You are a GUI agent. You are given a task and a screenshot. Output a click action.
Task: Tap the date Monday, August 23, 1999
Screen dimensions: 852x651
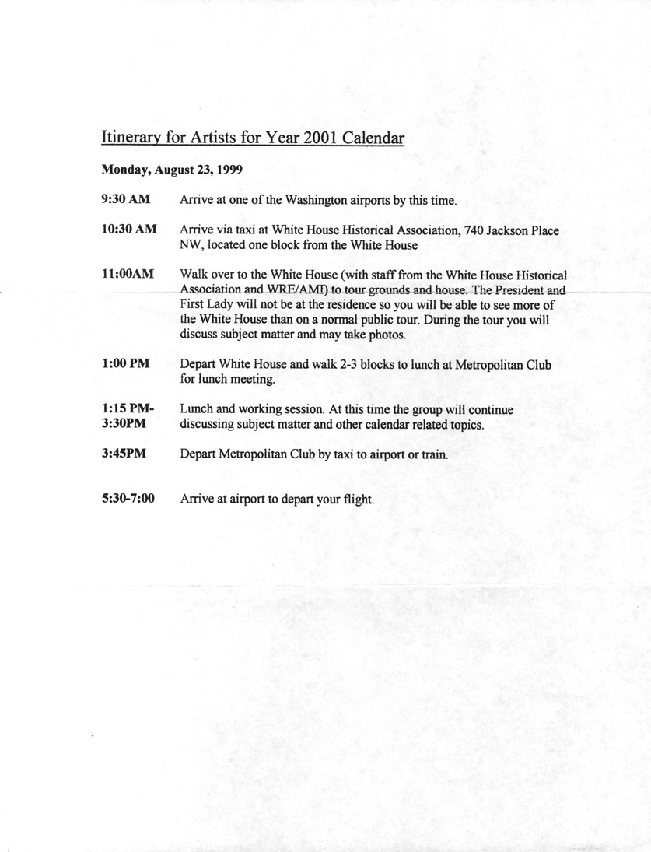tap(165, 169)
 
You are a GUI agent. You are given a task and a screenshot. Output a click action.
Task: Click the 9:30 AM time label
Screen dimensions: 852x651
tap(126, 200)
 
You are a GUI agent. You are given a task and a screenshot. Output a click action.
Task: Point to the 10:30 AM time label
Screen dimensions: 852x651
tap(129, 230)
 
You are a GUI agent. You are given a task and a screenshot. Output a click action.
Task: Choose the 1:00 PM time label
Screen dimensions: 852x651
tap(125, 363)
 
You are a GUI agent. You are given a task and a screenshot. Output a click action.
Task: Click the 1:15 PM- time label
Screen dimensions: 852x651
tap(128, 408)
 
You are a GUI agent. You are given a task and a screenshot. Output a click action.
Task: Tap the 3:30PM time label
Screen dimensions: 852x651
tap(124, 424)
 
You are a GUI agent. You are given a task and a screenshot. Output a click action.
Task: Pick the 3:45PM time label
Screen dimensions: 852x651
tap(124, 454)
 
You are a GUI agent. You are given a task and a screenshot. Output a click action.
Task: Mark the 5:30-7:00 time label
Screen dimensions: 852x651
tap(128, 499)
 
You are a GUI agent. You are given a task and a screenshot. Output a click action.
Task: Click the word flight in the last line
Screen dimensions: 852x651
tap(358, 500)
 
